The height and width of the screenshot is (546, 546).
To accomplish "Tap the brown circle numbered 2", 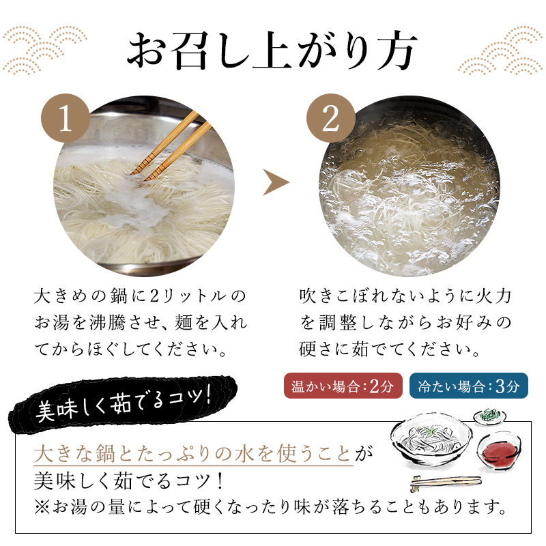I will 330,121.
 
